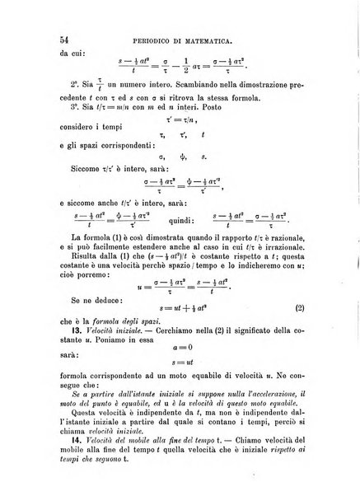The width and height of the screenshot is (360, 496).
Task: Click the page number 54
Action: [x=60, y=39]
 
